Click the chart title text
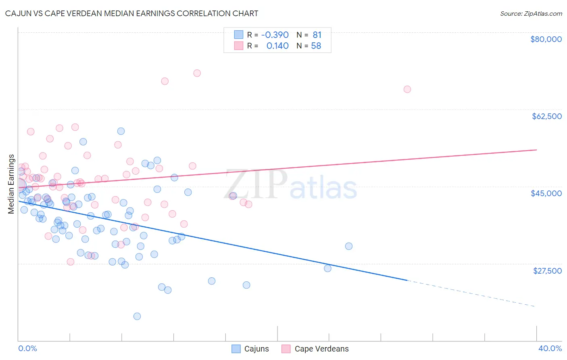[131, 13]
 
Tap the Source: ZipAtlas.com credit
[531, 13]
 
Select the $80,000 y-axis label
[546, 39]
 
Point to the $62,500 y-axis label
[546, 116]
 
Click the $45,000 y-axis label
[546, 193]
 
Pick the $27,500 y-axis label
[547, 271]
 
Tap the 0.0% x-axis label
[27, 348]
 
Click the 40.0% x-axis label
[550, 348]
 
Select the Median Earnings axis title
[11, 184]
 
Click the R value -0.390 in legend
[275, 35]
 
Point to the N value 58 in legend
[316, 46]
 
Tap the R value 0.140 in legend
[277, 46]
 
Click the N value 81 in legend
[317, 35]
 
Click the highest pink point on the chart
[197, 73]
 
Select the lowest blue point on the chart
[137, 316]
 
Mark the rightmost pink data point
[407, 89]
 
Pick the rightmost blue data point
[349, 246]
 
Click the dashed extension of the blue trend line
[472, 293]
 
